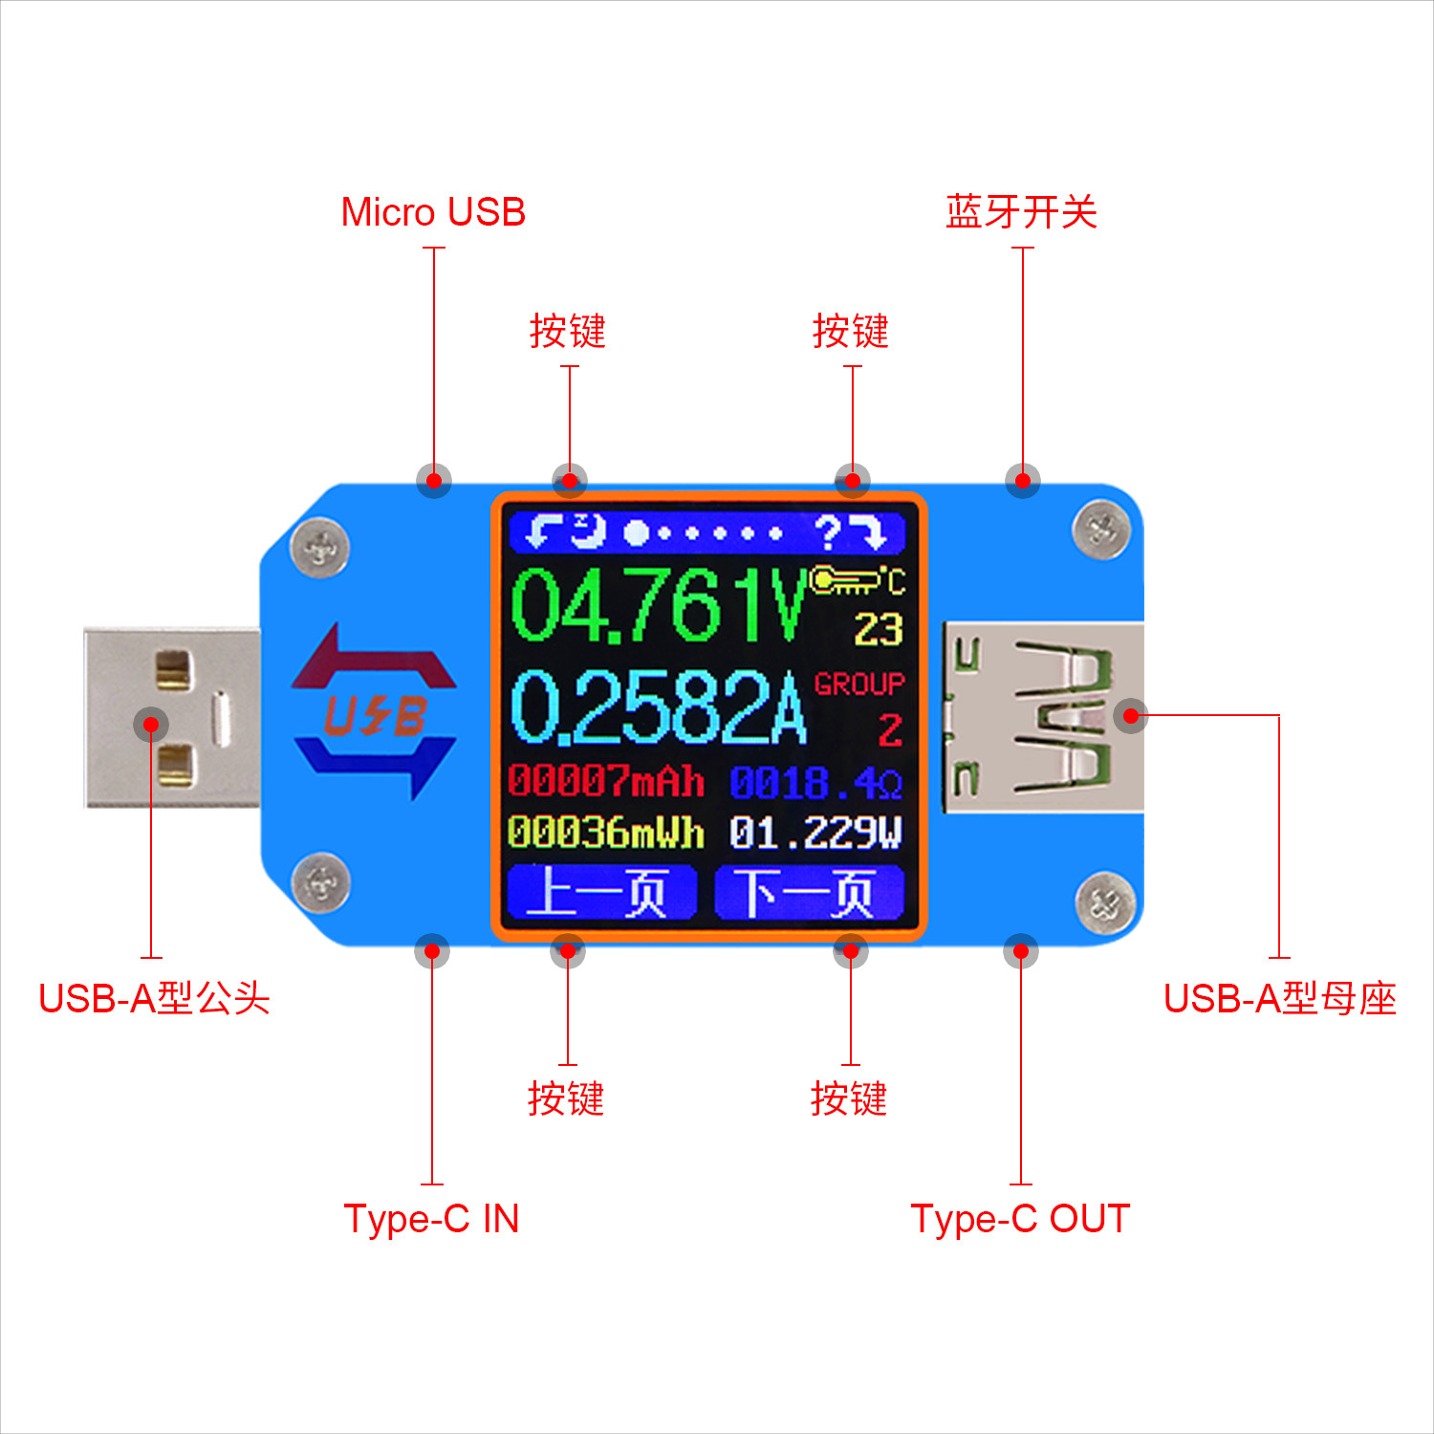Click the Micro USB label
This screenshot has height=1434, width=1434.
[x=433, y=212]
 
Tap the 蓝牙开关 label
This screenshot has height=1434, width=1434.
[x=1021, y=212]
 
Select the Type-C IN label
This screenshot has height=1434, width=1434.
[x=431, y=1219]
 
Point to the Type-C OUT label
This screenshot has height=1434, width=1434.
[x=1020, y=1219]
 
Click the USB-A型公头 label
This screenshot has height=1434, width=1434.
[x=154, y=998]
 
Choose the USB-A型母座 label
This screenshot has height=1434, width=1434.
[x=1279, y=998]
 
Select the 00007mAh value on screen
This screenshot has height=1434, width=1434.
[x=605, y=782]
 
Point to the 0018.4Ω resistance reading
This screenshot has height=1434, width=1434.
[x=815, y=784]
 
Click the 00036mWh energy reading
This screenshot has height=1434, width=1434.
[x=605, y=832]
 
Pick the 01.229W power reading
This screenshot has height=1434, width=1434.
[x=815, y=833]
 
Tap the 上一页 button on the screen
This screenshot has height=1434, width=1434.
[x=601, y=893]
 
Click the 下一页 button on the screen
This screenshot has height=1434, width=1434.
[x=809, y=893]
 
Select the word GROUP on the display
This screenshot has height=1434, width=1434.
[x=858, y=684]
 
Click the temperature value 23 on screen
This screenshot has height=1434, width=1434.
[x=878, y=629]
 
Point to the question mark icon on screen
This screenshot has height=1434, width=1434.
[x=828, y=532]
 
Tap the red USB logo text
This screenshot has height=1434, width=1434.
[x=375, y=715]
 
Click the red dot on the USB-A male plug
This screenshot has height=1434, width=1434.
[x=151, y=724]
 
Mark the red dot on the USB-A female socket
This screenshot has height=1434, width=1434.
[x=1131, y=715]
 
